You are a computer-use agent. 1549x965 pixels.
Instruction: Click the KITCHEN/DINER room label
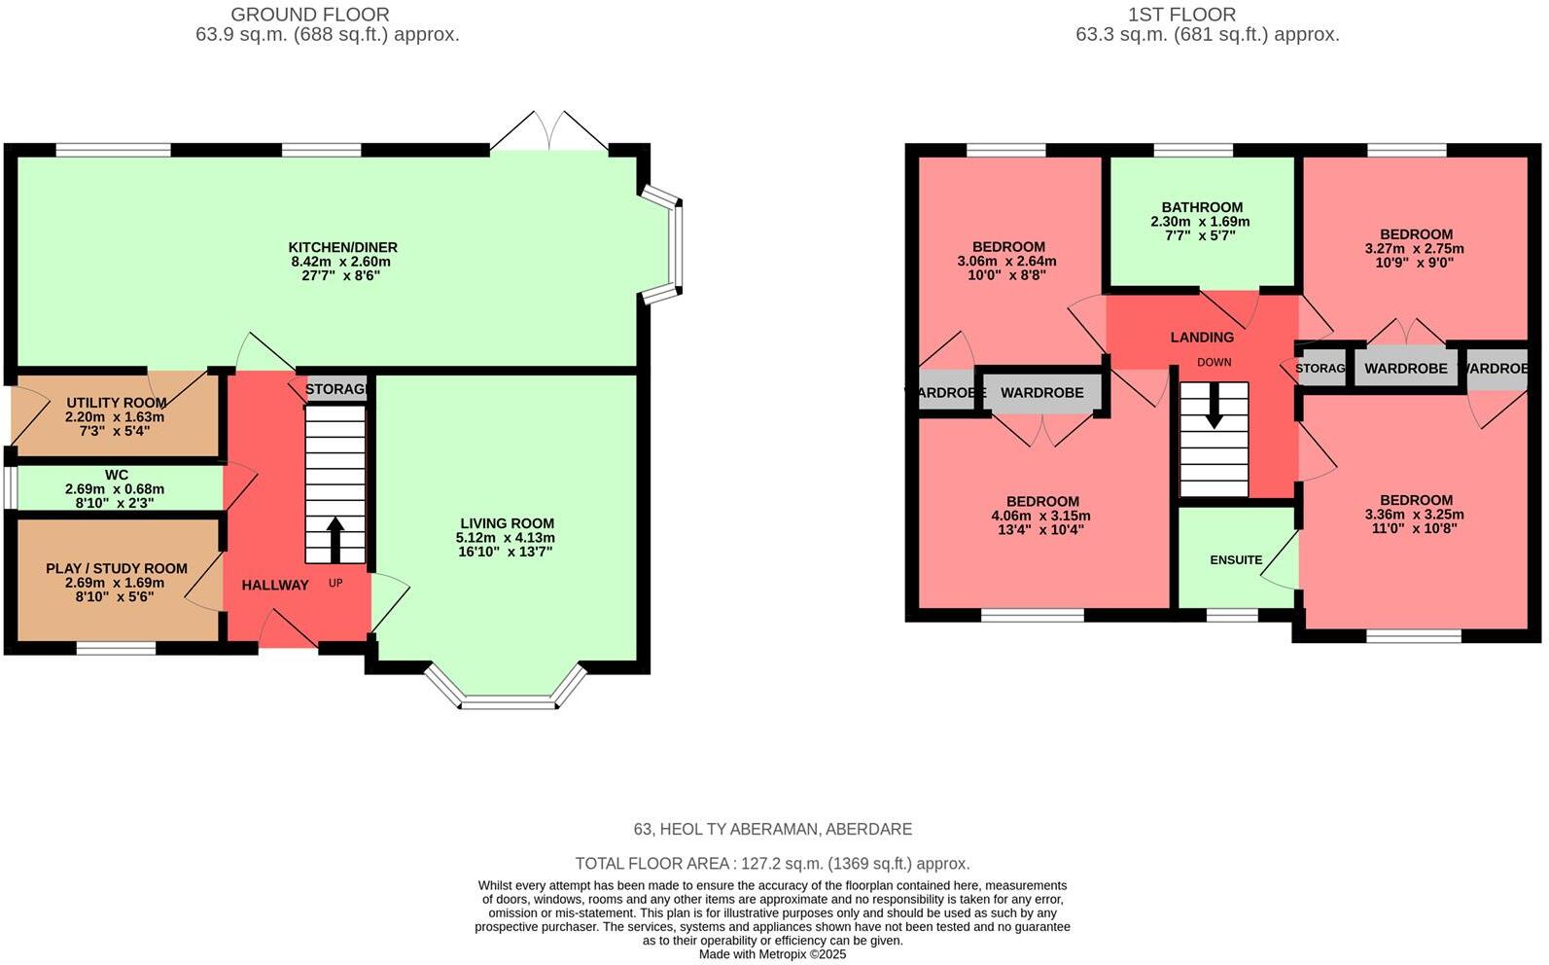point(342,247)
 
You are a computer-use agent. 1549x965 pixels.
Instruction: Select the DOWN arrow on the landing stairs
point(1214,406)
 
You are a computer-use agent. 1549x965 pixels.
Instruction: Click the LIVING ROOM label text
point(507,523)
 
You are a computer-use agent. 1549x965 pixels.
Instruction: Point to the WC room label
point(117,476)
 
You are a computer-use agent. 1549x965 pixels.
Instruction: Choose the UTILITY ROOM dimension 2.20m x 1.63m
point(115,416)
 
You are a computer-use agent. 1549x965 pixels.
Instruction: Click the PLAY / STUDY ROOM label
point(117,568)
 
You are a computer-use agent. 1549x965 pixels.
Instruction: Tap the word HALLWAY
point(275,585)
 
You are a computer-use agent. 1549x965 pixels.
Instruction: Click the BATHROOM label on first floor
point(1202,207)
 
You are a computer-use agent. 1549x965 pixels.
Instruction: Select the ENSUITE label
point(1236,559)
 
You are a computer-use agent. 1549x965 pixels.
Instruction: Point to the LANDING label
point(1202,337)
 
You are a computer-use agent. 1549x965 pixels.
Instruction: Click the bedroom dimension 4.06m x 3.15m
point(1040,516)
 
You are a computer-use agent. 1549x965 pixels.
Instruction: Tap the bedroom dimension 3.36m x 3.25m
point(1414,515)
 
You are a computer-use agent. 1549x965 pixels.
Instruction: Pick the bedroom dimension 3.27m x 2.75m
point(1414,248)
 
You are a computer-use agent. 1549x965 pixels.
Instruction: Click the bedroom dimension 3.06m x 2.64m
point(1006,261)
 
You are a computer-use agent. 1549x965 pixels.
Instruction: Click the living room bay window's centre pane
point(509,702)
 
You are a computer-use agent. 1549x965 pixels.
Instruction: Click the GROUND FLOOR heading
point(310,15)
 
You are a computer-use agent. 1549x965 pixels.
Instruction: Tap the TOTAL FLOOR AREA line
point(772,863)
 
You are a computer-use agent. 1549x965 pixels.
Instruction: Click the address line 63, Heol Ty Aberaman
point(772,829)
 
